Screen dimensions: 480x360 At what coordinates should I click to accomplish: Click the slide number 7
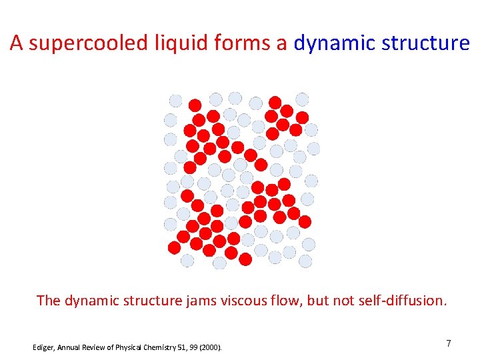(x=448, y=344)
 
